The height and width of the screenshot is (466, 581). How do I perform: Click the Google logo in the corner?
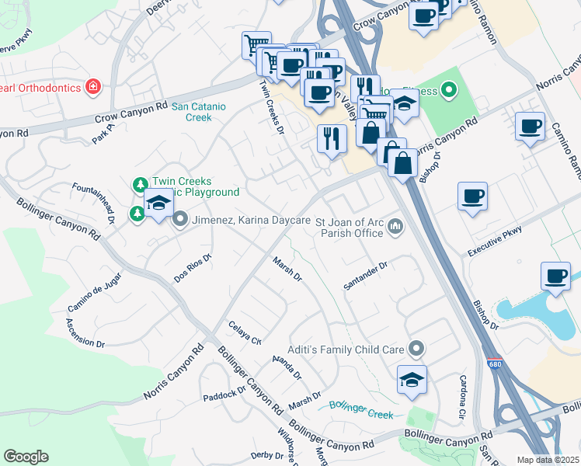[26, 457]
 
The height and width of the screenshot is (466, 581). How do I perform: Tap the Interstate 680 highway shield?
[495, 363]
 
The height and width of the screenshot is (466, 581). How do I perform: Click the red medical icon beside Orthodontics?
[93, 86]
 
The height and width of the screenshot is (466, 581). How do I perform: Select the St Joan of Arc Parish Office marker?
[395, 228]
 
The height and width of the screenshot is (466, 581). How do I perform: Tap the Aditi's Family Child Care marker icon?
[416, 349]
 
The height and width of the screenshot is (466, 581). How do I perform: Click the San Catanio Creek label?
[191, 112]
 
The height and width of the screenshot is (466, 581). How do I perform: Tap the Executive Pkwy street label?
[493, 242]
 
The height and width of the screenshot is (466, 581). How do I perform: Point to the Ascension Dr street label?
[85, 332]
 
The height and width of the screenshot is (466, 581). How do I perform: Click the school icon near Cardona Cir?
[412, 379]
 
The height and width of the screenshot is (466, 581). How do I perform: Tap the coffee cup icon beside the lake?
[556, 276]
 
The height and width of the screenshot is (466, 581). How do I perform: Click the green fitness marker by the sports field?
[449, 92]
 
